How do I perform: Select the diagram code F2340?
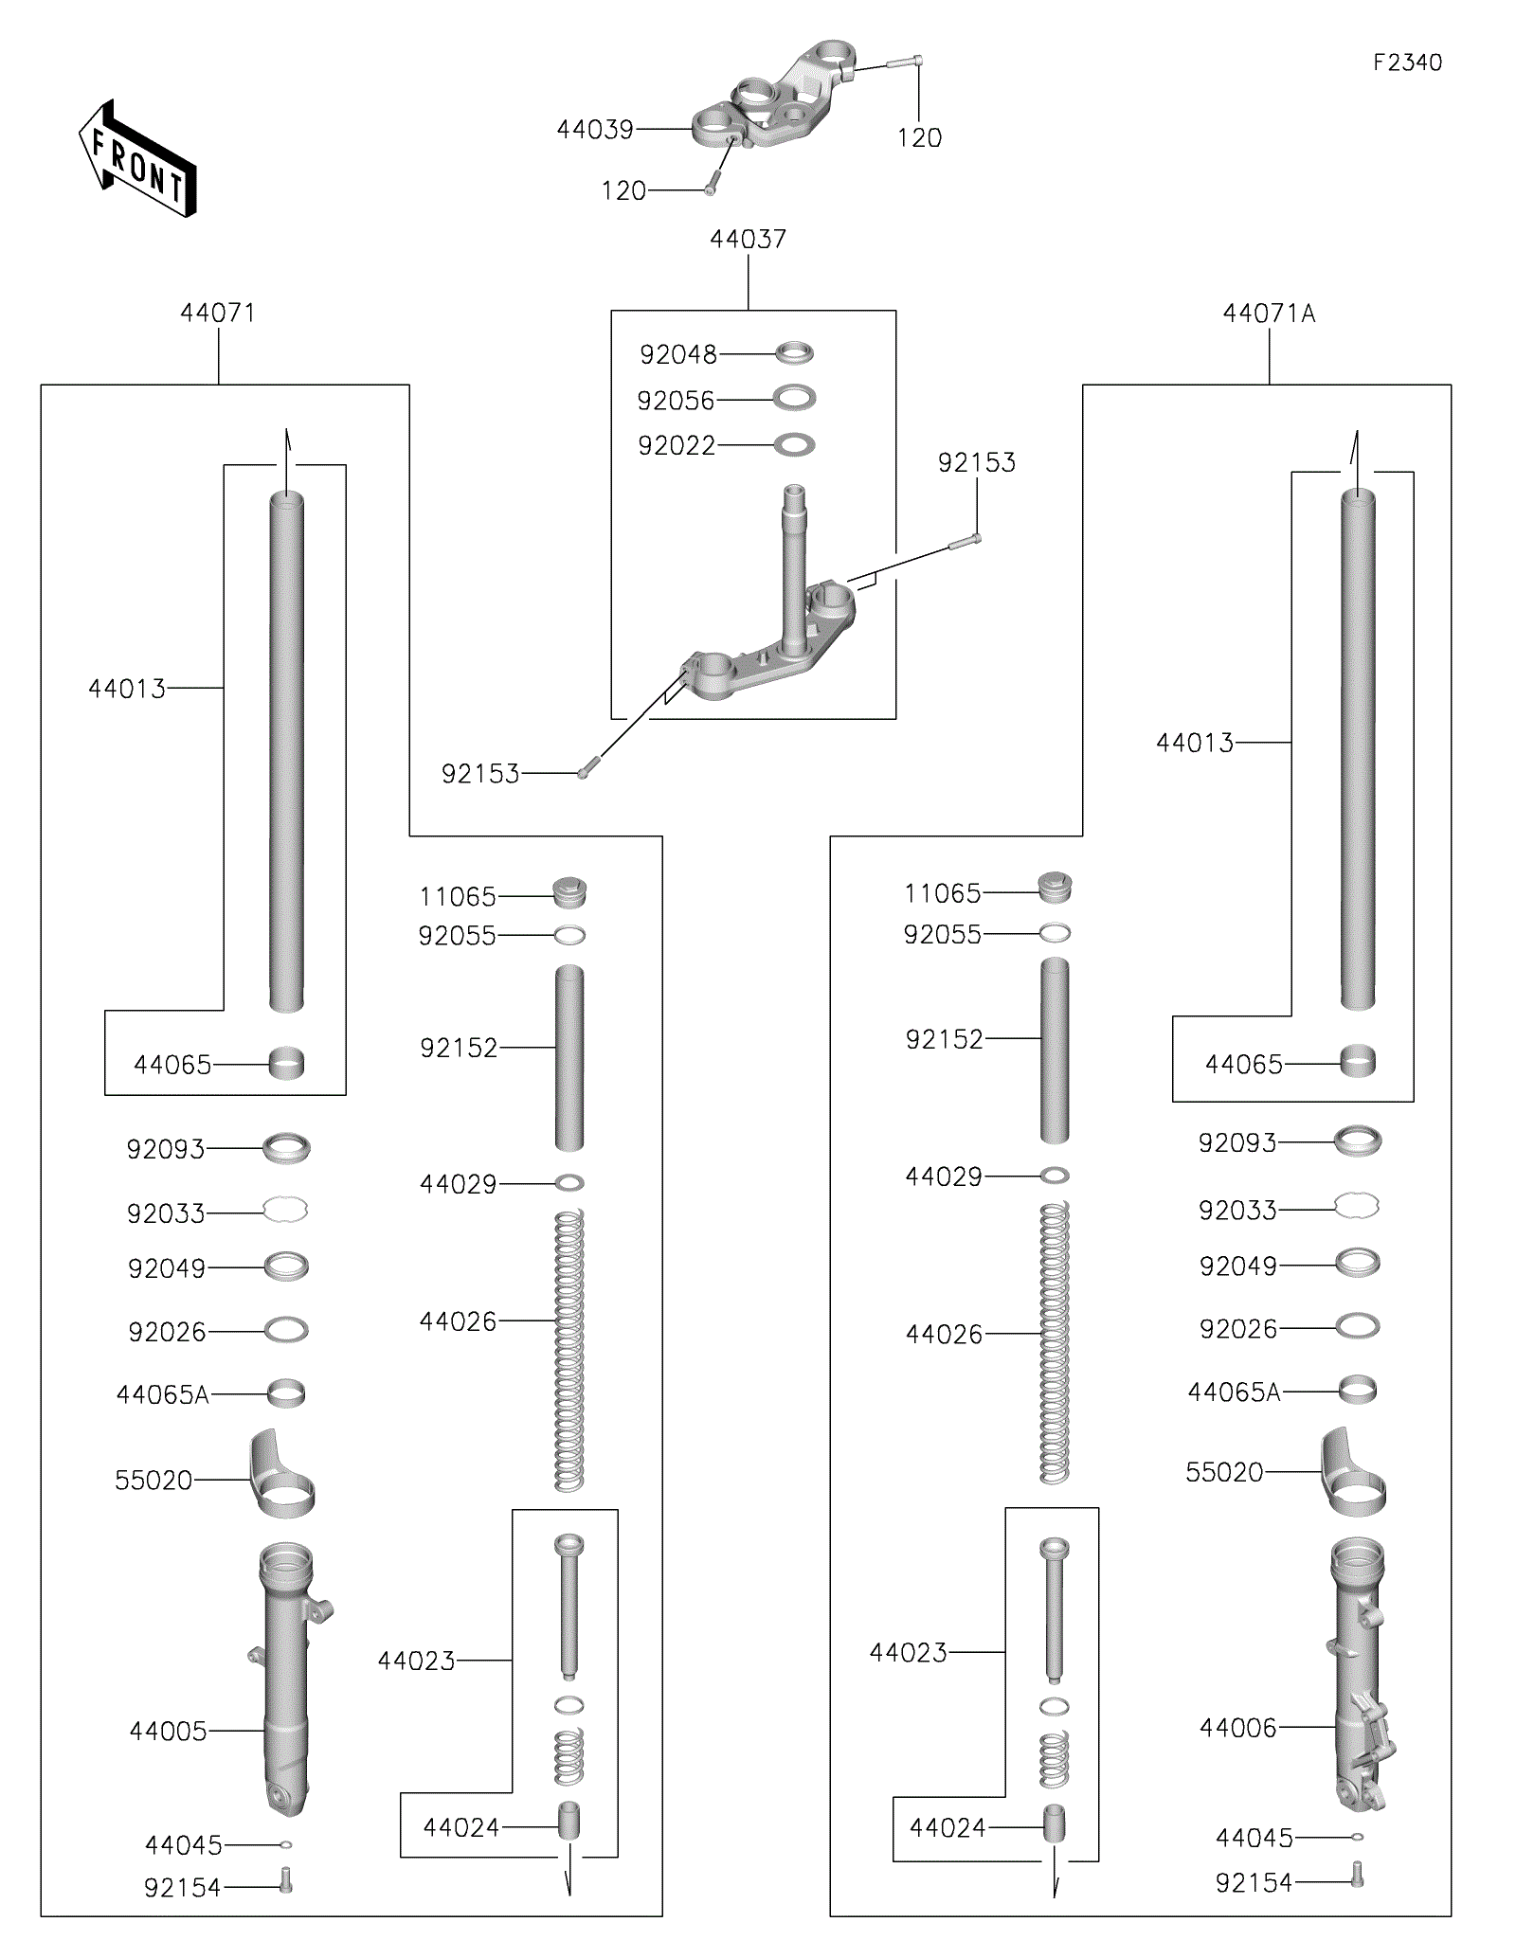(1407, 63)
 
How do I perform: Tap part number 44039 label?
(594, 130)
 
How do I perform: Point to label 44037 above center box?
(748, 240)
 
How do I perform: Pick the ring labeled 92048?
(794, 354)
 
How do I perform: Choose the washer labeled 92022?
(794, 445)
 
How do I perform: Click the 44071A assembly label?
(1269, 314)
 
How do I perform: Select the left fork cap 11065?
(569, 892)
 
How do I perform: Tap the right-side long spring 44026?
(1055, 1342)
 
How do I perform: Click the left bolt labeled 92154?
(286, 1880)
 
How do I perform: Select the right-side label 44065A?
(1234, 1392)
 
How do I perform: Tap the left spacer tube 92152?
(569, 1057)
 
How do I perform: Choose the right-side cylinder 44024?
(1055, 1824)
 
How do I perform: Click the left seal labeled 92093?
(286, 1148)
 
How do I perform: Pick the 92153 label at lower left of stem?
(480, 775)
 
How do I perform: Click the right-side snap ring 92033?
(1357, 1207)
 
